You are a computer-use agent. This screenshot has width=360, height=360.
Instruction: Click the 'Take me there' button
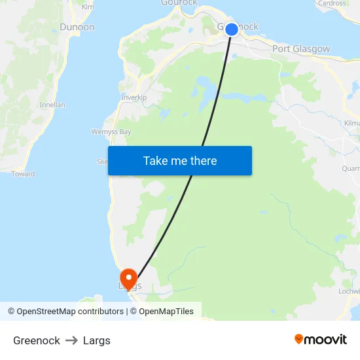click(180, 160)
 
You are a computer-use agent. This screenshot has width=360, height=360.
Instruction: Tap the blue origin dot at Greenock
click(232, 29)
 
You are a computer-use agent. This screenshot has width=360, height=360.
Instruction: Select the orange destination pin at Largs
click(128, 278)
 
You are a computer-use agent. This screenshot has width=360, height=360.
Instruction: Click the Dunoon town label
click(77, 27)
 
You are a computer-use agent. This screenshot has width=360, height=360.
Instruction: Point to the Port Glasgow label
click(301, 49)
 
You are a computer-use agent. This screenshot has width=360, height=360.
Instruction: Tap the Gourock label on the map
click(179, 3)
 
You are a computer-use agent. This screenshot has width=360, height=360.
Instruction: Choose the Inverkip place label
click(134, 98)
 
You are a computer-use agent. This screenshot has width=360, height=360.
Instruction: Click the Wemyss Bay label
click(111, 132)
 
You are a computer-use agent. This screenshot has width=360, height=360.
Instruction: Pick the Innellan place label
click(52, 105)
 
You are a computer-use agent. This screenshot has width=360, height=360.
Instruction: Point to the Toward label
click(23, 174)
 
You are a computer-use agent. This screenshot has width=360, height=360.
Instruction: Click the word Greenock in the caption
click(37, 340)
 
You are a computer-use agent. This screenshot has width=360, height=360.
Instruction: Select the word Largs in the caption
click(97, 340)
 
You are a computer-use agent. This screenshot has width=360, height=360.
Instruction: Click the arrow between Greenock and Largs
click(71, 340)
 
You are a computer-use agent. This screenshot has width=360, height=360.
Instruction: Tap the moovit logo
click(321, 339)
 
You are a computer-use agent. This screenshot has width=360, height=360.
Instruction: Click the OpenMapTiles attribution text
click(166, 312)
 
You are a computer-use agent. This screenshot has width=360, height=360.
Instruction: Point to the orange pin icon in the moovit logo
click(299, 339)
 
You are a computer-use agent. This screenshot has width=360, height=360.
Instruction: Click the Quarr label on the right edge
click(351, 168)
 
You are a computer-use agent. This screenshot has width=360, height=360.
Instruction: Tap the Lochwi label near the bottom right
click(350, 291)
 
